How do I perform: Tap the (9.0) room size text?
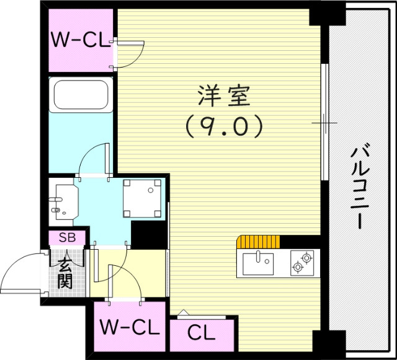tap(224, 127)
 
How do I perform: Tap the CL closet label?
tap(202, 333)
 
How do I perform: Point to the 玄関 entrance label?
tap(65, 273)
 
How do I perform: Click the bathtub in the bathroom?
tap(81, 96)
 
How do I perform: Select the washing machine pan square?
tap(143, 198)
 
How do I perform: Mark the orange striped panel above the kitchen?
tap(257, 241)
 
